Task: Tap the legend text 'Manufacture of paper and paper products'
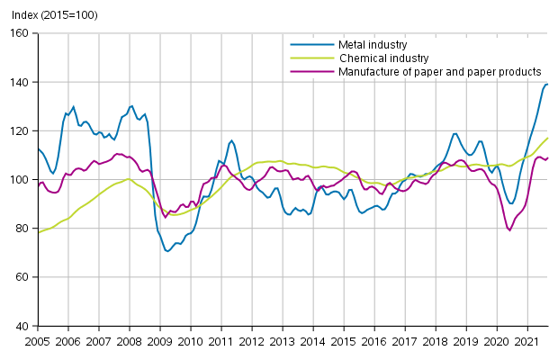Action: [x=439, y=71]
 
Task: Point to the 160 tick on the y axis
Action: [x=22, y=33]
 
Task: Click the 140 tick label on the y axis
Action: [x=22, y=82]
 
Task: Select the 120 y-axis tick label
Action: [x=22, y=130]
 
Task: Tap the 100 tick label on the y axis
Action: [x=22, y=180]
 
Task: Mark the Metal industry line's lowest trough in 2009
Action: [x=167, y=251]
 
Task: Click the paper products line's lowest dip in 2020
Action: [x=510, y=230]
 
